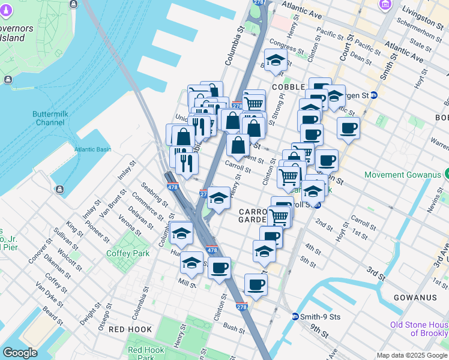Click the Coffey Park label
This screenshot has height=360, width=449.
(x=128, y=254)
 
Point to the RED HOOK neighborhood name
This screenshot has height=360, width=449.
(x=130, y=329)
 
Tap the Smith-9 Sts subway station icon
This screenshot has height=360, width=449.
(x=295, y=316)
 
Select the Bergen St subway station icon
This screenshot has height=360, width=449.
(x=373, y=95)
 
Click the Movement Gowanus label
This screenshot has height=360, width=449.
(x=402, y=175)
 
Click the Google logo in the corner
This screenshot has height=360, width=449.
(x=20, y=353)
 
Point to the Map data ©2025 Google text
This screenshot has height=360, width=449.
(x=412, y=355)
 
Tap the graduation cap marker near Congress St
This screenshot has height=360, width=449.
(x=276, y=61)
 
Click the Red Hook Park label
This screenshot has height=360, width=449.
(x=145, y=353)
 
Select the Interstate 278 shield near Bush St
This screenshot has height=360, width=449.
(x=242, y=306)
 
